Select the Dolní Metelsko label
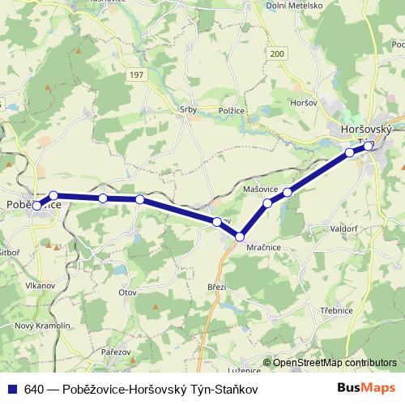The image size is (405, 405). point(294,6)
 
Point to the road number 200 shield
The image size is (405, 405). point(278,53)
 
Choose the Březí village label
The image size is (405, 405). point(217,288)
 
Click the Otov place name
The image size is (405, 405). point(128,291)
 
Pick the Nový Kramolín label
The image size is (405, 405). point(32,325)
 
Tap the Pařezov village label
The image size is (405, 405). point(116,352)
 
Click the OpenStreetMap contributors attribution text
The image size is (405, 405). point(335,363)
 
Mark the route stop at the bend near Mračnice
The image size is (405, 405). point(240,237)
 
